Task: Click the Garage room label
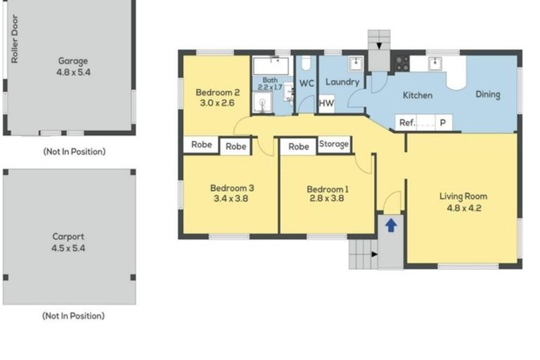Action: click(x=73, y=61)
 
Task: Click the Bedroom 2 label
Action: click(x=218, y=92)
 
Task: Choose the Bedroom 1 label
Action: click(x=327, y=188)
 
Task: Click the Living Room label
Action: click(x=463, y=196)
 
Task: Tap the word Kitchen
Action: click(x=417, y=95)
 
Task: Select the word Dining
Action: click(x=487, y=95)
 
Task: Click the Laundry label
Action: click(x=342, y=82)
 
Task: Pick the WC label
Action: click(x=307, y=83)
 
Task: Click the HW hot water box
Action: click(x=326, y=103)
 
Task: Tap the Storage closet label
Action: click(x=334, y=144)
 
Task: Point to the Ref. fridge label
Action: click(x=407, y=122)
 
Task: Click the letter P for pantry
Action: click(x=443, y=122)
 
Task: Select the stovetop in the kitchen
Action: click(x=401, y=63)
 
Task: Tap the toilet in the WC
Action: click(x=305, y=64)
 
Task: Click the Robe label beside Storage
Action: click(x=299, y=146)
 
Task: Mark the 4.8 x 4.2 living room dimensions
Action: click(x=463, y=207)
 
